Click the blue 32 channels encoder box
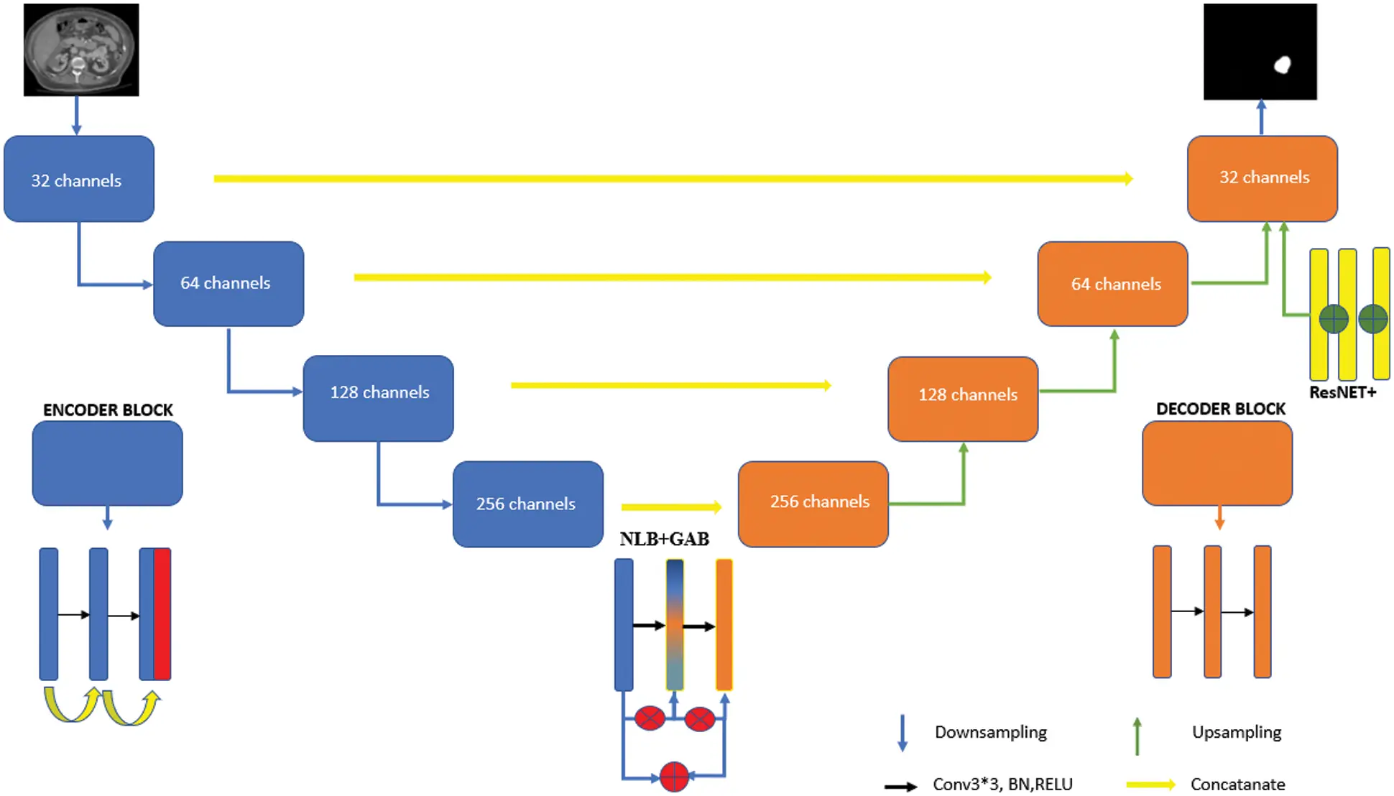pos(79,179)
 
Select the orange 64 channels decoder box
pos(1112,284)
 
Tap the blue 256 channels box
pos(527,504)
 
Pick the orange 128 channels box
pos(963,399)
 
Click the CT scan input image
pos(81,50)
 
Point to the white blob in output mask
pos(1282,65)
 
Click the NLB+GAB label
pos(664,539)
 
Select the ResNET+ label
pos(1342,392)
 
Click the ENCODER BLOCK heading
pos(108,410)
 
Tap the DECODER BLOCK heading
pos(1220,409)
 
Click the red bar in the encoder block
pos(162,614)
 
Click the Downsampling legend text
pos(990,732)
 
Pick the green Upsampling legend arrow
pos(1137,736)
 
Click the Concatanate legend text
pos(1237,784)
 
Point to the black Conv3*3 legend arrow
pos(900,786)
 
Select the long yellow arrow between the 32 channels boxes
pos(673,178)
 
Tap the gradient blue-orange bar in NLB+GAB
pos(675,625)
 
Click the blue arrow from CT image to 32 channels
pos(76,115)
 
